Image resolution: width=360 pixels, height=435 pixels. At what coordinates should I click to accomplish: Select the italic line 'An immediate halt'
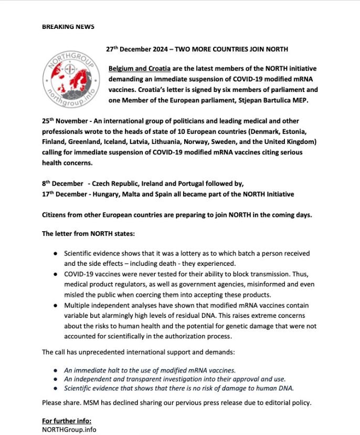click(150, 369)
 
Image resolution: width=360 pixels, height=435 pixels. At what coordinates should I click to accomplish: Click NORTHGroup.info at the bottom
click(69, 429)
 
